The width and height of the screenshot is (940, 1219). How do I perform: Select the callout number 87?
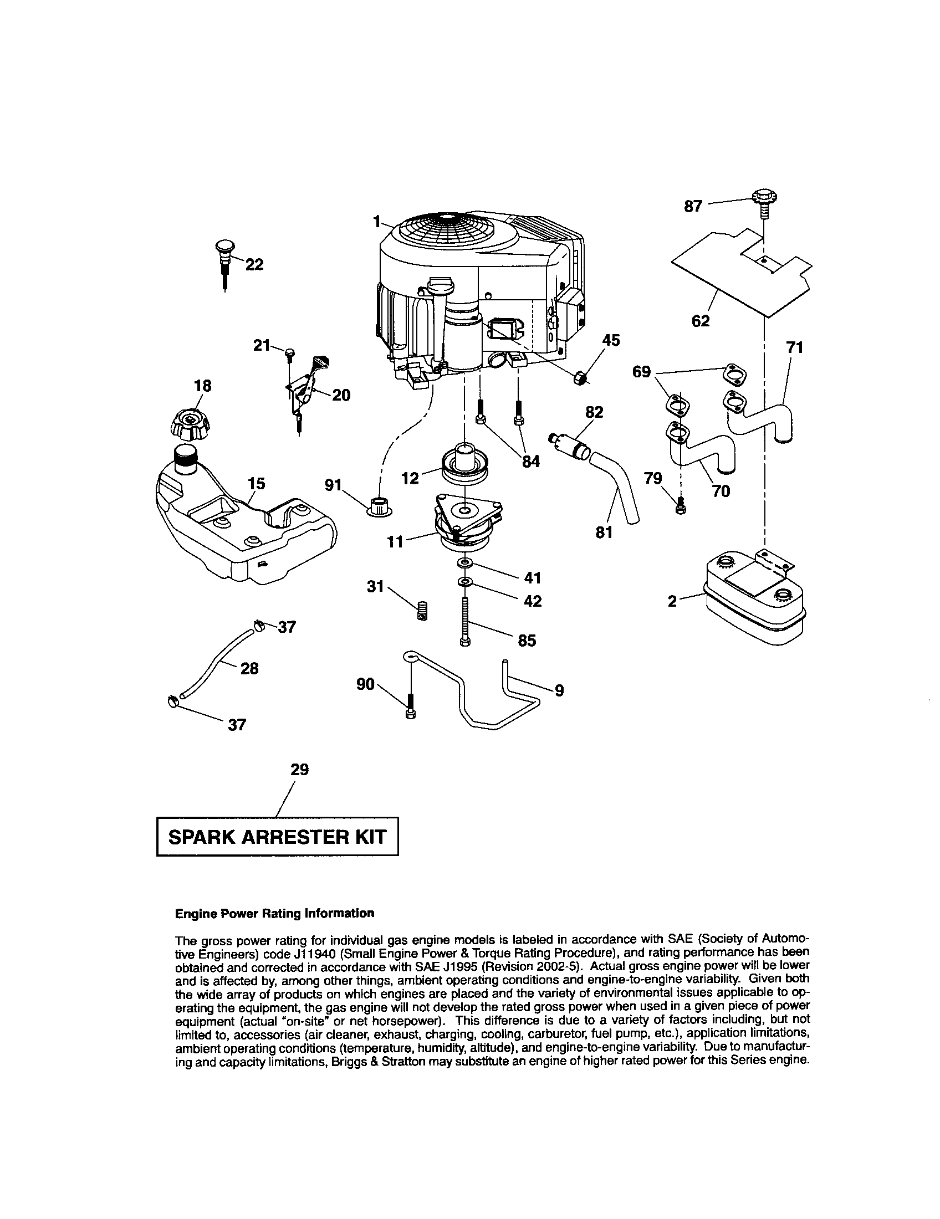(x=693, y=207)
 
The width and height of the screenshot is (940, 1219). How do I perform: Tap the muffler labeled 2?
(x=751, y=597)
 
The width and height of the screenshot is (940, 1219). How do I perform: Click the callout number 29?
(x=299, y=770)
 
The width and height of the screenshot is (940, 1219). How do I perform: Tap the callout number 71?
(x=794, y=348)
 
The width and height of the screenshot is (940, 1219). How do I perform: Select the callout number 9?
(x=559, y=691)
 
